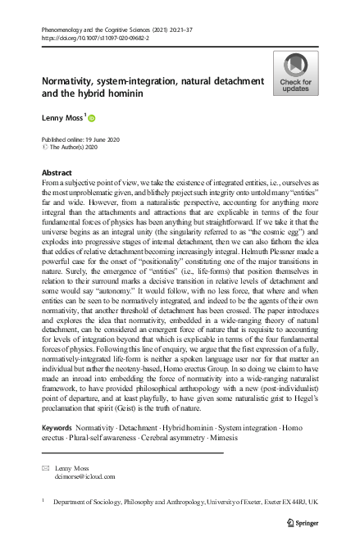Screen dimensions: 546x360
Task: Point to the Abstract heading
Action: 57,174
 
